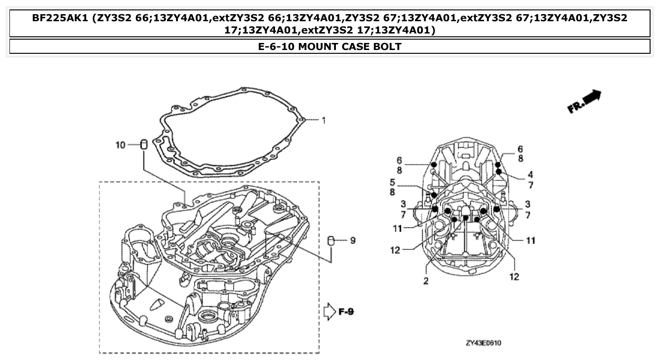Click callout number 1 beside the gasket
coord(324,120)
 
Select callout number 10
coord(120,145)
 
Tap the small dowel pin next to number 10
coord(145,144)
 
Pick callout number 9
coord(352,241)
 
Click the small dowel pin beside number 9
coord(331,241)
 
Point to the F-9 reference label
coord(347,312)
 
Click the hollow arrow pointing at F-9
coord(329,312)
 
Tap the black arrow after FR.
coord(592,97)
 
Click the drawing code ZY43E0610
coord(483,343)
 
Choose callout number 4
coord(530,174)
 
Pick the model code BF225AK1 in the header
coord(60,18)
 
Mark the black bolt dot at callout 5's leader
coord(434,195)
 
